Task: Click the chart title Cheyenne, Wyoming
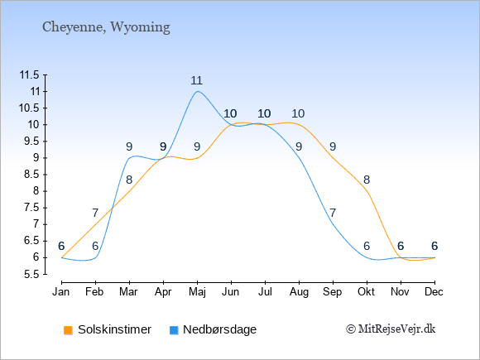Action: click(106, 27)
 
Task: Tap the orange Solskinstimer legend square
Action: click(68, 330)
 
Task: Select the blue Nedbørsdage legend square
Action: click(174, 330)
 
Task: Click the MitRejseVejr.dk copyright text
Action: click(391, 329)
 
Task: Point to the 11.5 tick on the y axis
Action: click(29, 74)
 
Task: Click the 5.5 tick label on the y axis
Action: click(31, 274)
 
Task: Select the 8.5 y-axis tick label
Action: click(31, 175)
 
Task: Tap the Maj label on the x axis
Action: click(197, 292)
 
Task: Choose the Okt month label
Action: click(366, 292)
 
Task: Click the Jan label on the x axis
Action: click(61, 292)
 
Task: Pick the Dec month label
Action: click(434, 292)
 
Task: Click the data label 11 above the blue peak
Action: click(196, 80)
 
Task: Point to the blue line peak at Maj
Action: click(198, 91)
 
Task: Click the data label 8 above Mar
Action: click(129, 180)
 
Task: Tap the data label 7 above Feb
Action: click(95, 213)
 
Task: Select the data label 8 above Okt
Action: click(367, 180)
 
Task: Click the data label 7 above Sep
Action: click(333, 213)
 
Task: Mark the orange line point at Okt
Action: click(367, 191)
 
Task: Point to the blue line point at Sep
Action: click(333, 224)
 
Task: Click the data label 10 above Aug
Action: click(298, 113)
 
